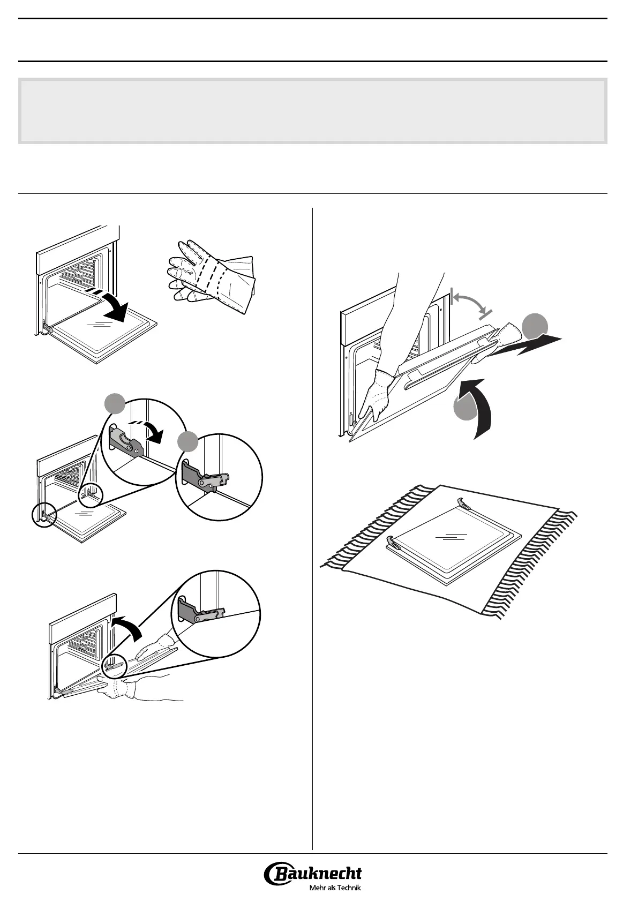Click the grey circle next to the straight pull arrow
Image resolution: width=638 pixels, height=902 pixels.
[535, 326]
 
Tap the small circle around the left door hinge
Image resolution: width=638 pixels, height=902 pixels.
[42, 515]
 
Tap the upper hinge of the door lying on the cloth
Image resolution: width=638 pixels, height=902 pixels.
[464, 503]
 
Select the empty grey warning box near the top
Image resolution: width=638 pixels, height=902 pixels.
[313, 111]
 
